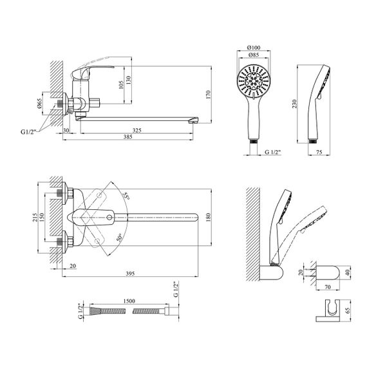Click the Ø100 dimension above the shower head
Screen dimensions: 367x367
coord(254,48)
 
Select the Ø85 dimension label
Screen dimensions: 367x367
coord(253,55)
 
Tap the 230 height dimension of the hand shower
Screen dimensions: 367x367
coord(294,104)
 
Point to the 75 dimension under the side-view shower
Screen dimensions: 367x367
coord(319,152)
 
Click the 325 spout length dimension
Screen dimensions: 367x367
coord(137,130)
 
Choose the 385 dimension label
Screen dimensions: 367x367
coord(128,136)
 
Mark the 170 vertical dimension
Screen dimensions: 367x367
coord(209,95)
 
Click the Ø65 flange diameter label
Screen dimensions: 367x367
coord(39,103)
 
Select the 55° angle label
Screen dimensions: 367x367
coord(126,196)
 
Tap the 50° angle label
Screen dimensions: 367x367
coord(119,238)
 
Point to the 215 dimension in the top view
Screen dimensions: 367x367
coord(35,218)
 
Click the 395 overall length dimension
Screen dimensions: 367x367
coord(130,274)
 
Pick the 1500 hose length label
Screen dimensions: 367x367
coord(129,301)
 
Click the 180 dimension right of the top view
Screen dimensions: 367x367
coord(209,217)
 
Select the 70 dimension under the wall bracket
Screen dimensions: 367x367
coord(328,287)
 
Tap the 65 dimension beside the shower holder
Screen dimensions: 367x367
coord(347,312)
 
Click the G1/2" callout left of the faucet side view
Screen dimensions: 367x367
coord(28,132)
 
